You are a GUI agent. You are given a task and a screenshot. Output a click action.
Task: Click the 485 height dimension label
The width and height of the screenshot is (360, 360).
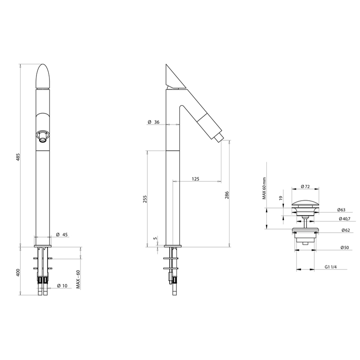tap(19, 157)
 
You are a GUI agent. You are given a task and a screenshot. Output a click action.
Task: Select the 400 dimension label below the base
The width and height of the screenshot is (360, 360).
tap(19, 272)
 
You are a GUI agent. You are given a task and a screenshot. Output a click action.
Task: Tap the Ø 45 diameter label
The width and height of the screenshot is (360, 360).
tap(62, 234)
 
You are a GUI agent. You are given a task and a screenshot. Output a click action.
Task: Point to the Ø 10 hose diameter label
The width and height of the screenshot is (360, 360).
tap(62, 286)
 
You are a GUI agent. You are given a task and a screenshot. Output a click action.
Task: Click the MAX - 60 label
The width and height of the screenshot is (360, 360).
tap(78, 279)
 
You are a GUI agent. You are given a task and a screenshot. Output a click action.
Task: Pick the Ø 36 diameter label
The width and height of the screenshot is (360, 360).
tap(153, 122)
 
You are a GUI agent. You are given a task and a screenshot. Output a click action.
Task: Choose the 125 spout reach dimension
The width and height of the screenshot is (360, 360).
tap(195, 179)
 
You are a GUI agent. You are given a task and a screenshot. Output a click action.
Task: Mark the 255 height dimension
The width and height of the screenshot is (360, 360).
tap(145, 199)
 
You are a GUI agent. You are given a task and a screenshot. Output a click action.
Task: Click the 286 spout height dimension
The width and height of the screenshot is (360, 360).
tap(227, 195)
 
